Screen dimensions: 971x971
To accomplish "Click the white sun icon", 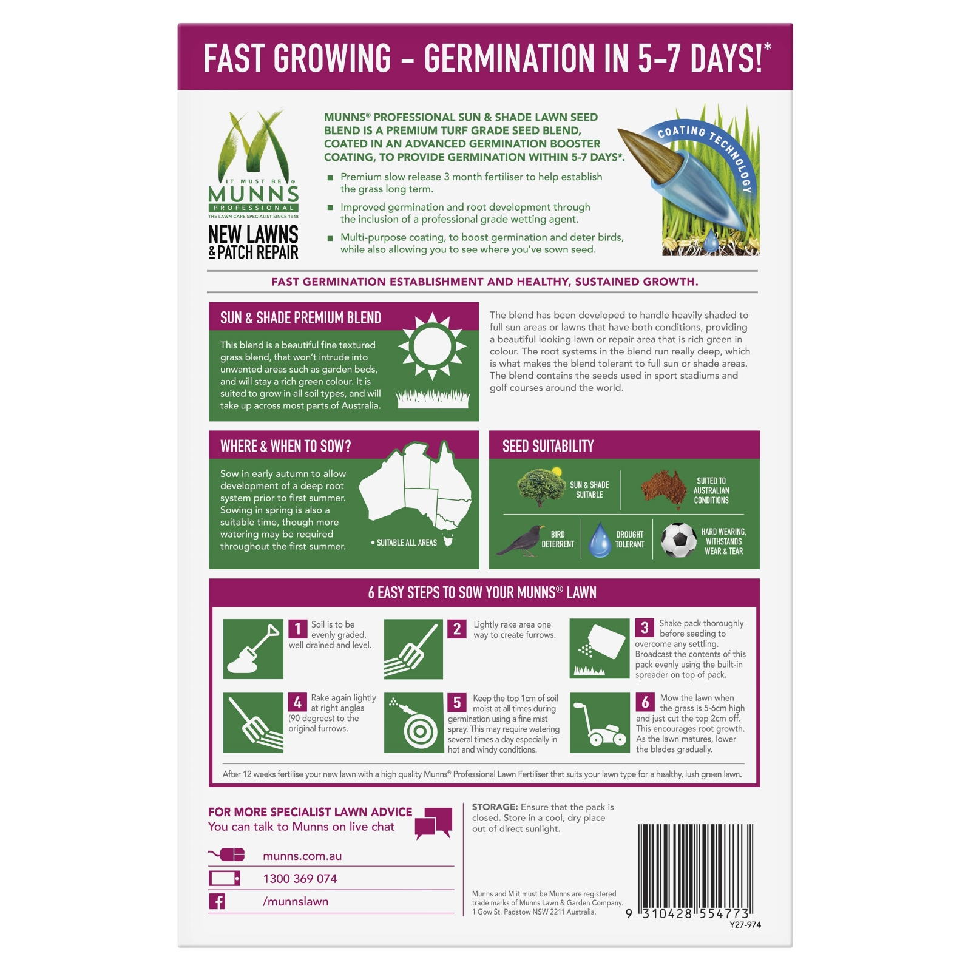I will tap(432, 347).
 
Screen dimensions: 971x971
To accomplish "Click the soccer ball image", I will tap(678, 540).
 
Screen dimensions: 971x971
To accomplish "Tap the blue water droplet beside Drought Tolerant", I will tap(600, 540).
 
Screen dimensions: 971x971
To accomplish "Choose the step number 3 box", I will tap(645, 628).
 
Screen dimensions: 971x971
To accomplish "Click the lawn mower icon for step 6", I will tap(600, 723).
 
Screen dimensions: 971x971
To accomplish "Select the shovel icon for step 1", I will tap(253, 649).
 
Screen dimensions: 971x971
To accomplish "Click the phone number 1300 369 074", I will tap(300, 879).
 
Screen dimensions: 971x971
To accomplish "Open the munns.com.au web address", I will tap(302, 856).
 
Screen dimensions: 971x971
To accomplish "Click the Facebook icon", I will tap(217, 901).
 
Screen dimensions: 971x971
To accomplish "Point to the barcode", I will tap(695, 867).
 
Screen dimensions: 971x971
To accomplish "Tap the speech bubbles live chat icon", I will tap(433, 822).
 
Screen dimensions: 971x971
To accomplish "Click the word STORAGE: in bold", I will tap(495, 807).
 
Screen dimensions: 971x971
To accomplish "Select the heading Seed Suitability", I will tap(548, 447).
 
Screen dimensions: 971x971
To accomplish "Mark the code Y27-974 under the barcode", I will tap(745, 925).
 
